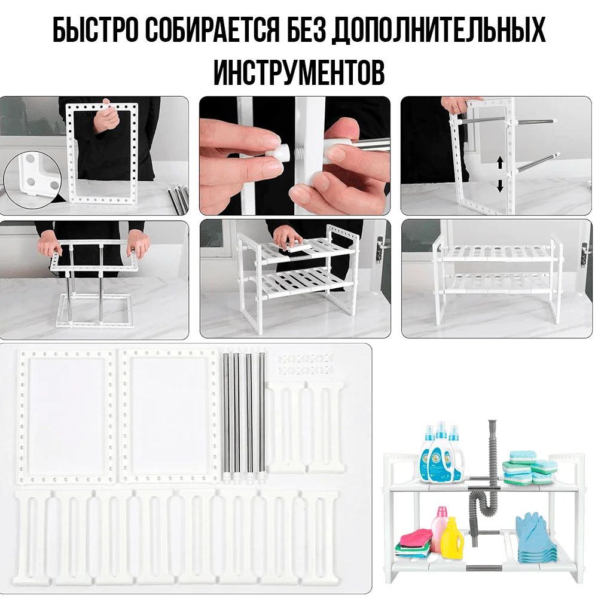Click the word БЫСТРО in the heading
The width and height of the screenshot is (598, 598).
[95, 29]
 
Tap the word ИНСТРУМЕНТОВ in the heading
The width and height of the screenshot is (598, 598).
[299, 72]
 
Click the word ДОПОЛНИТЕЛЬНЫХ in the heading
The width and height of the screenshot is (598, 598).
[438, 29]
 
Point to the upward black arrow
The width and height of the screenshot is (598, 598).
[500, 164]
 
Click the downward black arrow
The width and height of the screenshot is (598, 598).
[500, 186]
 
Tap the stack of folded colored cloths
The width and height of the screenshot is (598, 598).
[416, 542]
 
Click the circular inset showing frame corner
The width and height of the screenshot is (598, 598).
[32, 180]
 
